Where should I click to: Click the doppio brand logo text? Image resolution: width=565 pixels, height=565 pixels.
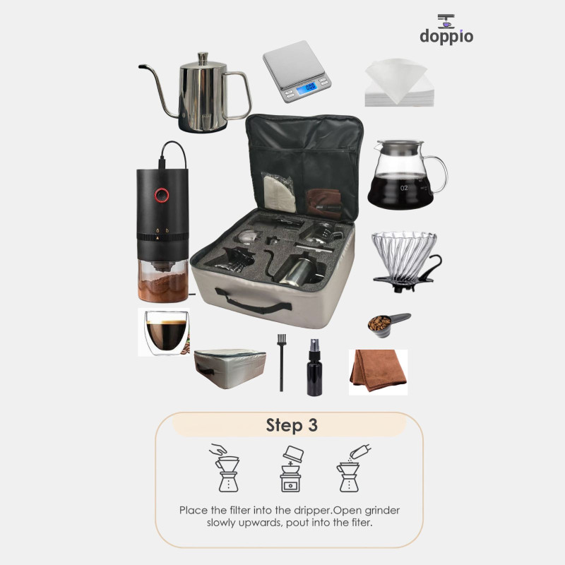[x=446, y=37]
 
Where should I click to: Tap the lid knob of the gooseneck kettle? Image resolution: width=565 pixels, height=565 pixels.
[x=203, y=56]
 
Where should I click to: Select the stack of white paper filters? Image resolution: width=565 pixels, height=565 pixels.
[x=398, y=83]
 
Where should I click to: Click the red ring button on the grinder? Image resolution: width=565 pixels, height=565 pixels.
[x=162, y=195]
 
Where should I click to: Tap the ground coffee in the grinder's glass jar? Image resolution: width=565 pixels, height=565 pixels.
[x=163, y=286]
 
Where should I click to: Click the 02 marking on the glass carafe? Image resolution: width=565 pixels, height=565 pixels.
[x=403, y=188]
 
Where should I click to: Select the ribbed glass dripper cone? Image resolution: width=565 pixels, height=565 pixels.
[x=404, y=254]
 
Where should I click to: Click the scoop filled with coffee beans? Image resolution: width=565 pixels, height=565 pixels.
[x=388, y=324]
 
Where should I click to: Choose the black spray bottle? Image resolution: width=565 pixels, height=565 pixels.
[x=314, y=367]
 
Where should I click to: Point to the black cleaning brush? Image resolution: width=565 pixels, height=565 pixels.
[x=281, y=362]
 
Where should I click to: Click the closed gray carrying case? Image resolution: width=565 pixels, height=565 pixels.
[x=230, y=368]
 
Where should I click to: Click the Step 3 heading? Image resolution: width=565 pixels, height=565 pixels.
[x=292, y=425]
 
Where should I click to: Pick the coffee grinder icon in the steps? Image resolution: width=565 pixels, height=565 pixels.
[x=291, y=469]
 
